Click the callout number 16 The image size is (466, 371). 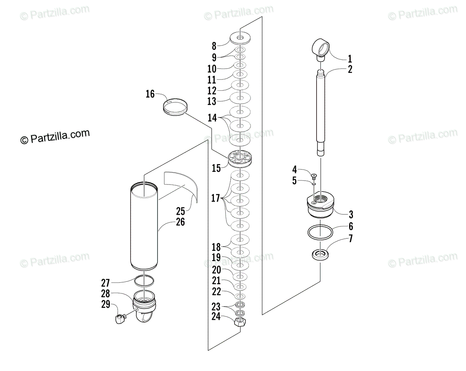point(150,94)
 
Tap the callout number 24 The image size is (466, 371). point(216,316)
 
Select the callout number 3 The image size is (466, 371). point(351,214)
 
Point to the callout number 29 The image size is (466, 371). point(106,304)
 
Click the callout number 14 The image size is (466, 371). point(212,118)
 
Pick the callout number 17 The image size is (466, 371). point(216,198)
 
